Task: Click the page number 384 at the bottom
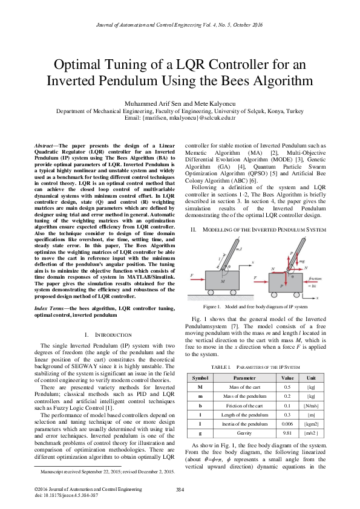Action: (180, 489)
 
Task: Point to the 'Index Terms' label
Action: (49, 309)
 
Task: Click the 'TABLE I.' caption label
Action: (220, 367)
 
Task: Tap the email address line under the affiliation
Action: (180, 118)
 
